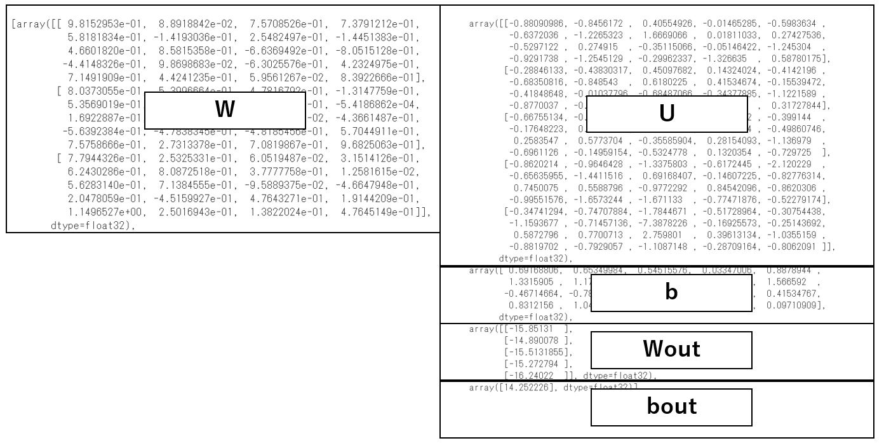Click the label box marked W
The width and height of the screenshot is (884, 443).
[225, 111]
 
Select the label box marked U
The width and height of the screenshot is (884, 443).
[666, 114]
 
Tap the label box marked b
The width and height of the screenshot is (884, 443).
[671, 292]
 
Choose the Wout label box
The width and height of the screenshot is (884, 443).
[671, 350]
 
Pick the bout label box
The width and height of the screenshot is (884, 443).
[671, 407]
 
